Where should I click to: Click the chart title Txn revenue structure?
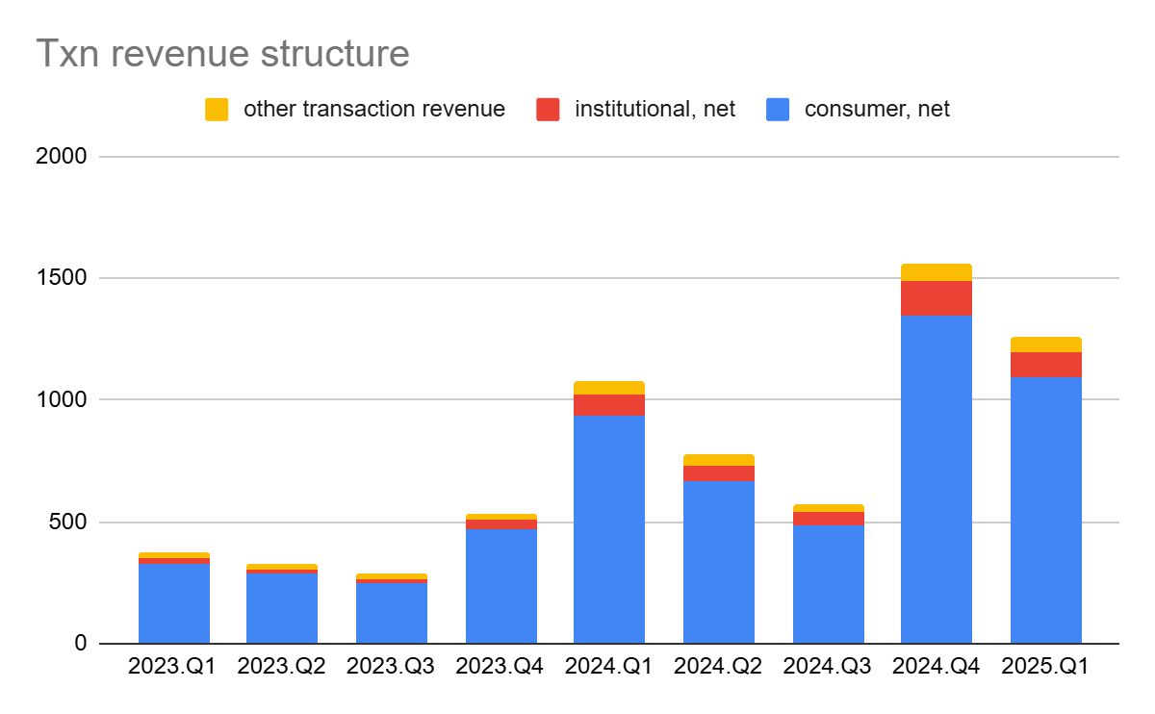coord(222,54)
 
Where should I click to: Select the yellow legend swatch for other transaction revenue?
coord(217,110)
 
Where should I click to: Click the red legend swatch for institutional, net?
coord(548,110)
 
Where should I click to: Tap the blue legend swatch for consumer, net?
coord(778,110)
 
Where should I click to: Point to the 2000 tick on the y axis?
coord(65,156)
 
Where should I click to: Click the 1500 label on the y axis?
coord(65,278)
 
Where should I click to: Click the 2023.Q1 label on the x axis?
coord(173,667)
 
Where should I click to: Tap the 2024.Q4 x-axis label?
coord(936,667)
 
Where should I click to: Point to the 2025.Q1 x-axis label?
coord(1045,667)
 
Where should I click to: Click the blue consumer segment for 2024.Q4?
coord(936,481)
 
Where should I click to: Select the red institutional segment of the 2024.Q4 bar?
coord(936,297)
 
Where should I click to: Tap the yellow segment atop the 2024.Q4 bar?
coord(936,272)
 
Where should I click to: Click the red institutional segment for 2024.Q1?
coord(608,405)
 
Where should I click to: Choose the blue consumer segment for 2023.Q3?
coord(391,613)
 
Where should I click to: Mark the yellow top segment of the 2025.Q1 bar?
coord(1045,344)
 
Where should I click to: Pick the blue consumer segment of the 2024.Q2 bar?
coord(718,562)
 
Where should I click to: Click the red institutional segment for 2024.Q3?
coord(828,519)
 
